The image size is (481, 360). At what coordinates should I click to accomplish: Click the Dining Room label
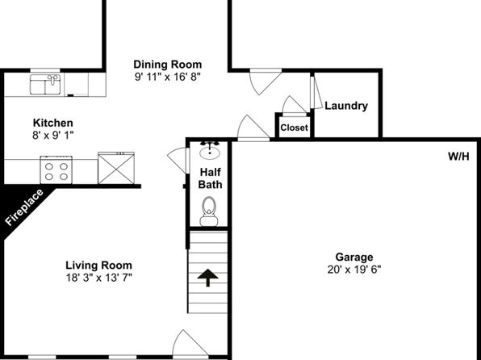click(x=168, y=65)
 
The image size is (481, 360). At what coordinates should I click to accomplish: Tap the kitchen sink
click(x=45, y=84)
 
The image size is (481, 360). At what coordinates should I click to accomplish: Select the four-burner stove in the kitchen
click(x=56, y=170)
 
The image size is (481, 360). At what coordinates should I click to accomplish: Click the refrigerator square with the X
click(x=116, y=168)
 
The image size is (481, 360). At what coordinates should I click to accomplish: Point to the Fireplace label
click(x=24, y=207)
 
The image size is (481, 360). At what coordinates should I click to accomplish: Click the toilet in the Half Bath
click(x=209, y=211)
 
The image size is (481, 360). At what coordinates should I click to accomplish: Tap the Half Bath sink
click(x=210, y=150)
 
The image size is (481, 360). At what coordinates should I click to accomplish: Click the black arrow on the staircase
click(x=207, y=278)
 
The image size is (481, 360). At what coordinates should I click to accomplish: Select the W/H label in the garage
click(x=458, y=157)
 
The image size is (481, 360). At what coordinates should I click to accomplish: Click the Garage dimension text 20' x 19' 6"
click(x=354, y=270)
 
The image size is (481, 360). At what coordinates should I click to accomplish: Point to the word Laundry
click(x=346, y=106)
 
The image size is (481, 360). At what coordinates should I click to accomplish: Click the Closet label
click(x=294, y=128)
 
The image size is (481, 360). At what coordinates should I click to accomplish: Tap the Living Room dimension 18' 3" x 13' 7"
click(x=98, y=278)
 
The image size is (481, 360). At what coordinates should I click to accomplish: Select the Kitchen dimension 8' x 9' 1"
click(x=53, y=135)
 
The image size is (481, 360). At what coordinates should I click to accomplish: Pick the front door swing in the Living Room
click(x=190, y=343)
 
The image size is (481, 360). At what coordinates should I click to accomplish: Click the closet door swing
click(x=295, y=105)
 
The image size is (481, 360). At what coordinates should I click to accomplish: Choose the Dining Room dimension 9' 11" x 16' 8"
click(x=168, y=77)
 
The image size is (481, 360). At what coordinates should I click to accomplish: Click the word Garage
click(x=354, y=257)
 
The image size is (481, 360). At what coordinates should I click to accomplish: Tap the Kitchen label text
click(x=53, y=123)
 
